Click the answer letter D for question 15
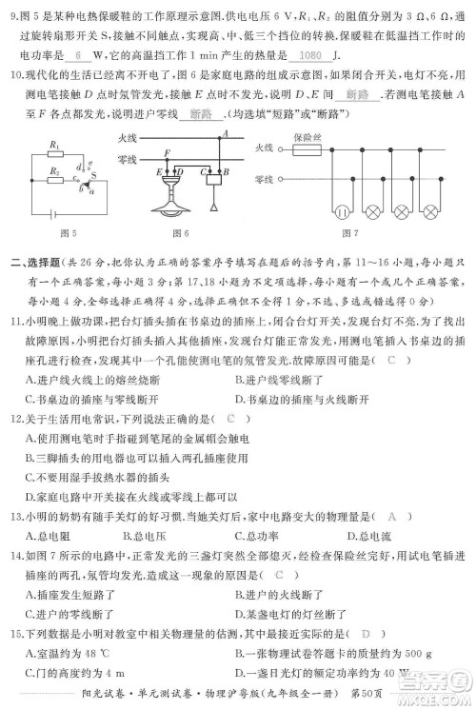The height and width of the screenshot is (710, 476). point(367,632)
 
